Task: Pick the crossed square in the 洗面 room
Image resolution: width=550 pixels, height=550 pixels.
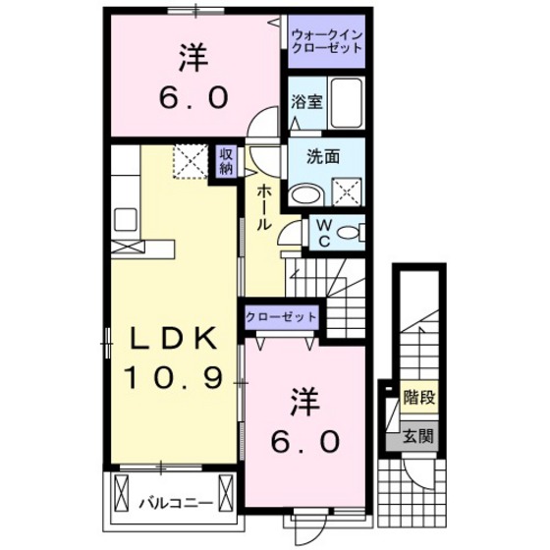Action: (346, 190)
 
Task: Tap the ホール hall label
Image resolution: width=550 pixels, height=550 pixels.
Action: (264, 207)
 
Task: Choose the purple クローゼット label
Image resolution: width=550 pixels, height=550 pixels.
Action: (281, 317)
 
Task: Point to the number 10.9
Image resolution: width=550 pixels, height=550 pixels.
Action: (174, 376)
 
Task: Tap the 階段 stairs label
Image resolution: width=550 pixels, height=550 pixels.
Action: (419, 398)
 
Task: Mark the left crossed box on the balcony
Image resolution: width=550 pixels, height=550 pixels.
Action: (123, 491)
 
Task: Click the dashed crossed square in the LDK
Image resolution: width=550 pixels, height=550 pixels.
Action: (189, 159)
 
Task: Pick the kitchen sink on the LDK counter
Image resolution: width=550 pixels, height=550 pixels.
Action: (128, 218)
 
